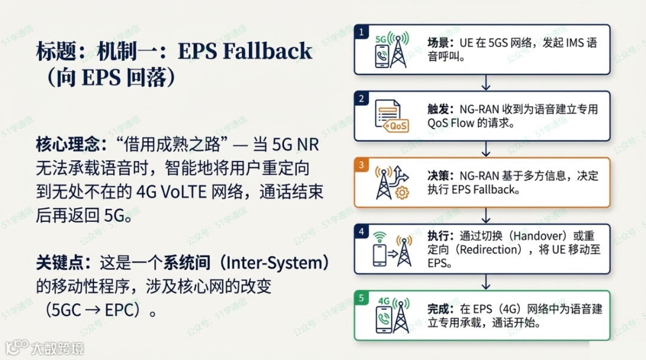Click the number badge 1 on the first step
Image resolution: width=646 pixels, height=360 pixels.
pyautogui.click(x=361, y=32)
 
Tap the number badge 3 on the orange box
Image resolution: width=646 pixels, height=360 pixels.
pyautogui.click(x=361, y=164)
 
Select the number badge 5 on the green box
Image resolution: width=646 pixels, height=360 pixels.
pyautogui.click(x=361, y=298)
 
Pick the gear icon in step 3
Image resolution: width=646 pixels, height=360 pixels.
pyautogui.click(x=402, y=193)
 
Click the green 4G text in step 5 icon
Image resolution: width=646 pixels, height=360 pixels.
pyautogui.click(x=385, y=301)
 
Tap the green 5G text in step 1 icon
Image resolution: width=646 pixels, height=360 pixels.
pyautogui.click(x=382, y=39)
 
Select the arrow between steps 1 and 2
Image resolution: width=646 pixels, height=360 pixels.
pyautogui.click(x=486, y=83)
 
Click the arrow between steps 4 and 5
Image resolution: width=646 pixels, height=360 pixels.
pyautogui.click(x=486, y=282)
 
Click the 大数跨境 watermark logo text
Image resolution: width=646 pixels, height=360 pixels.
pyautogui.click(x=57, y=347)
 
